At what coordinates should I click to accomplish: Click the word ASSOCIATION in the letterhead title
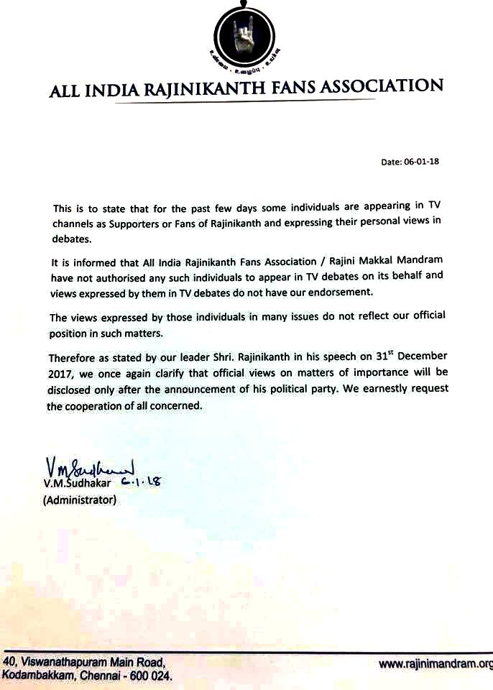[384, 88]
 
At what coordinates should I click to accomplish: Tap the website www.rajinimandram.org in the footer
[436, 664]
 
